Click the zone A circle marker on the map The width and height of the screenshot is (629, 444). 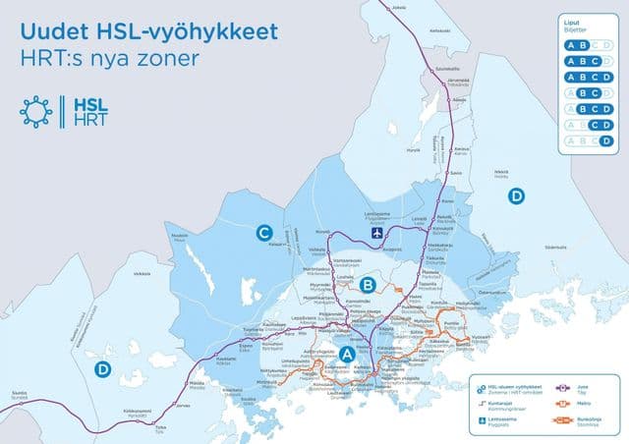347,354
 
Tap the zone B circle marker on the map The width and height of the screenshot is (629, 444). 368,285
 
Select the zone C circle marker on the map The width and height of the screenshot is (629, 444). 263,233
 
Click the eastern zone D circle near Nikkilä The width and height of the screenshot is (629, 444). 517,196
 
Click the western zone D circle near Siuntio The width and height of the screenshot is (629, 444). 101,369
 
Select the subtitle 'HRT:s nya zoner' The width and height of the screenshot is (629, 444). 109,58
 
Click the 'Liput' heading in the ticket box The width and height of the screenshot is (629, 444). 573,21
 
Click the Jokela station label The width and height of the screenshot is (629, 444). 398,8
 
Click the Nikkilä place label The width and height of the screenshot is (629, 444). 501,173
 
